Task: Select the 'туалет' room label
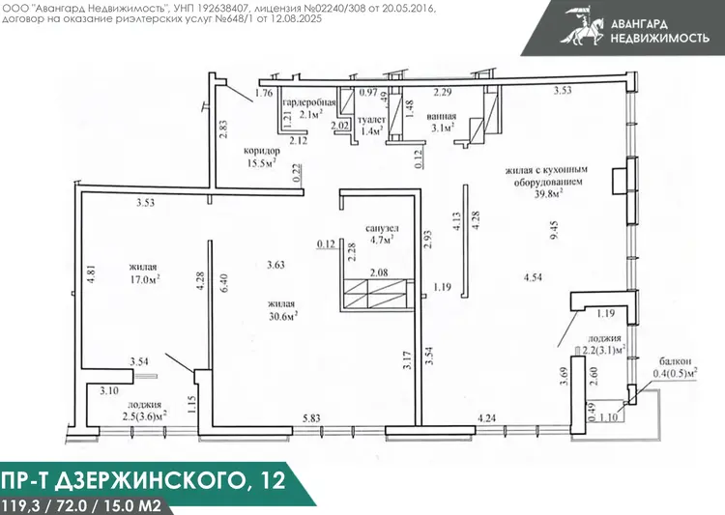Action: (x=372, y=120)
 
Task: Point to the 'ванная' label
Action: (x=442, y=117)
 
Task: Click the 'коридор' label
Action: (x=262, y=151)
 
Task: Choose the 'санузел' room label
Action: (x=382, y=228)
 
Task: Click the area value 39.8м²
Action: (x=549, y=193)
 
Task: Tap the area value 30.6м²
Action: (x=283, y=316)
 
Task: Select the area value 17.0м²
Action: (x=145, y=279)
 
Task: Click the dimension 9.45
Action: (x=555, y=229)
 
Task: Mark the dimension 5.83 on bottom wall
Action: (x=311, y=418)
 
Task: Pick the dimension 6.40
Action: (x=224, y=283)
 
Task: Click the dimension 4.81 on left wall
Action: (x=91, y=273)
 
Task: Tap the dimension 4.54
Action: (x=533, y=277)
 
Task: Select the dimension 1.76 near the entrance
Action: (x=264, y=93)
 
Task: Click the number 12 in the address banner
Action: (x=273, y=481)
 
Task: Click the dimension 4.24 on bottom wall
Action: (x=486, y=418)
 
